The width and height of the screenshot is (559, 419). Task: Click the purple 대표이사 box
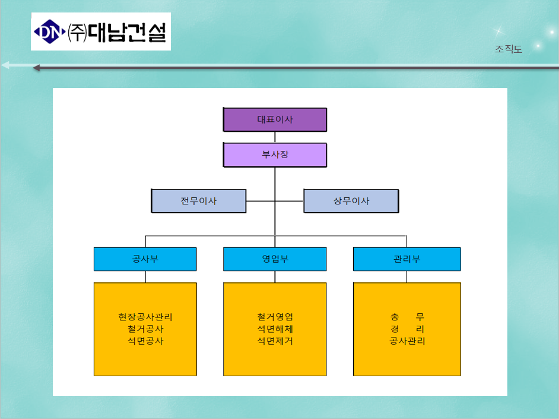275,119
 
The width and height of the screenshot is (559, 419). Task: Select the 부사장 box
275,155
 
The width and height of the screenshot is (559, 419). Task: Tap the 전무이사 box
199,201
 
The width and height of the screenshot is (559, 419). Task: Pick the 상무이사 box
351,201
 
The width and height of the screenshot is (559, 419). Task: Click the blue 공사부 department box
145,259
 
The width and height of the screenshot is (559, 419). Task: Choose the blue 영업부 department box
275,259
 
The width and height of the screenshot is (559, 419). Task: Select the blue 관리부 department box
406,259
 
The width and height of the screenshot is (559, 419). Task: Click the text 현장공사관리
145,317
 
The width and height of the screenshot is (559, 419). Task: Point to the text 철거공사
145,329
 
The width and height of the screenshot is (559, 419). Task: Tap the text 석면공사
145,341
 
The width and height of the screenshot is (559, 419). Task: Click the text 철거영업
275,317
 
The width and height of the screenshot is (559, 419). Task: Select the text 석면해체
275,329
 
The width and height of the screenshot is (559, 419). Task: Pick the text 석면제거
275,341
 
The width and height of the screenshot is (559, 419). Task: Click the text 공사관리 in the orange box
406,341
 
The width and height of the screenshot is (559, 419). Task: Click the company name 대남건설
127,33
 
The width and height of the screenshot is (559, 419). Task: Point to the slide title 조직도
509,49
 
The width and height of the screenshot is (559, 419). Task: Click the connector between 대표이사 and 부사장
275,137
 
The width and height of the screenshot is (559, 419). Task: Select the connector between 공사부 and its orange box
145,277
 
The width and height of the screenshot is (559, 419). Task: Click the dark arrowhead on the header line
36,68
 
